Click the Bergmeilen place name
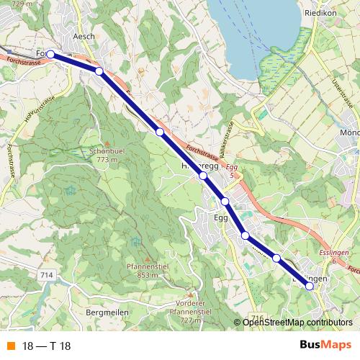[107, 313]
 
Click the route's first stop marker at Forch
[50, 54]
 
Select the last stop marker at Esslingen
[310, 286]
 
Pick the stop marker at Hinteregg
[203, 176]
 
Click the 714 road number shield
[48, 276]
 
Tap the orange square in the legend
[10, 346]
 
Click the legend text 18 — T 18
[46, 346]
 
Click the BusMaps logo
[325, 345]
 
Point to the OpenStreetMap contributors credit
[297, 322]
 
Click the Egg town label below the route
[221, 217]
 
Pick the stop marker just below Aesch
[99, 71]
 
